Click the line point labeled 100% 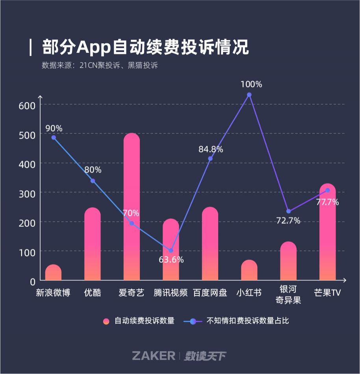(249, 95)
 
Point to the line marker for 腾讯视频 (171, 250)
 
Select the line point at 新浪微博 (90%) (54, 137)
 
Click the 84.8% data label (210, 149)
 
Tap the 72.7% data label (288, 220)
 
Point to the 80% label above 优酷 (93, 170)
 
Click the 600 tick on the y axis (27, 105)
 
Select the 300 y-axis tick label (27, 193)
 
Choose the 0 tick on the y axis (32, 281)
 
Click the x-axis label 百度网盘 (210, 293)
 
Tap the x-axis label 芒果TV (327, 293)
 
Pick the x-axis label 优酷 (93, 293)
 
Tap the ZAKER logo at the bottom (154, 356)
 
